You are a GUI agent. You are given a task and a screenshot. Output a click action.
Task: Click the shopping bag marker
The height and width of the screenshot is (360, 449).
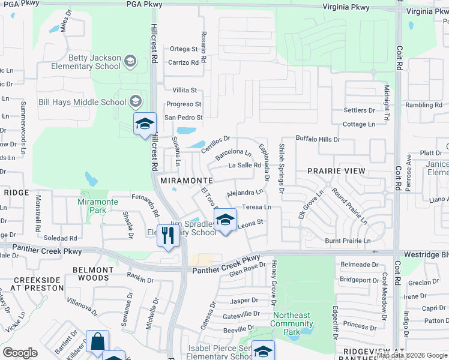pyautogui.click(x=97, y=342)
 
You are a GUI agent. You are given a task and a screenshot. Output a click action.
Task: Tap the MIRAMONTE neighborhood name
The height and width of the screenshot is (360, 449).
pyautogui.click(x=185, y=180)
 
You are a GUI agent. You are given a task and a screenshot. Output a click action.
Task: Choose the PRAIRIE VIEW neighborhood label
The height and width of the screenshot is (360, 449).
pyautogui.click(x=336, y=171)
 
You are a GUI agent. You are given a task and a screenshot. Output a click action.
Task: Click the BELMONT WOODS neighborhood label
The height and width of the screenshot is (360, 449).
pyautogui.click(x=93, y=274)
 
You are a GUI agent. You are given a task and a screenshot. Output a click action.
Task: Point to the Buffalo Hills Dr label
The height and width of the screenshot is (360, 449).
pyautogui.click(x=318, y=139)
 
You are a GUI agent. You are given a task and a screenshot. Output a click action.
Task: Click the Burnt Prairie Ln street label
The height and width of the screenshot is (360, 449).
pyautogui.click(x=348, y=241)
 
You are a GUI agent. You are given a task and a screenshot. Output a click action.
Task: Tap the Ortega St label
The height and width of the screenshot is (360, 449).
pyautogui.click(x=183, y=49)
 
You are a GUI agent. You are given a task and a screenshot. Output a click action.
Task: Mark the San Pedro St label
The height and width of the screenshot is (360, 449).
pyautogui.click(x=184, y=118)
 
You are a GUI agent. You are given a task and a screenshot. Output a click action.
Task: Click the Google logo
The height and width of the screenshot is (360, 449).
pyautogui.click(x=20, y=352)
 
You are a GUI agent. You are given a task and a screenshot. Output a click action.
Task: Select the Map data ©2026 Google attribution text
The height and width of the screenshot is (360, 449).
pyautogui.click(x=412, y=356)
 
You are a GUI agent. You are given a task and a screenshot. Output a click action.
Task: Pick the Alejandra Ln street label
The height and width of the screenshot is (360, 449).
pyautogui.click(x=245, y=193)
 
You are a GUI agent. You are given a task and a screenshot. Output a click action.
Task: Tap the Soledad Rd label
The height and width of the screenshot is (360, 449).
pyautogui.click(x=60, y=238)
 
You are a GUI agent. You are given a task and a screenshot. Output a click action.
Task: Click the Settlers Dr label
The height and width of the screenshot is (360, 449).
pyautogui.click(x=359, y=110)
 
